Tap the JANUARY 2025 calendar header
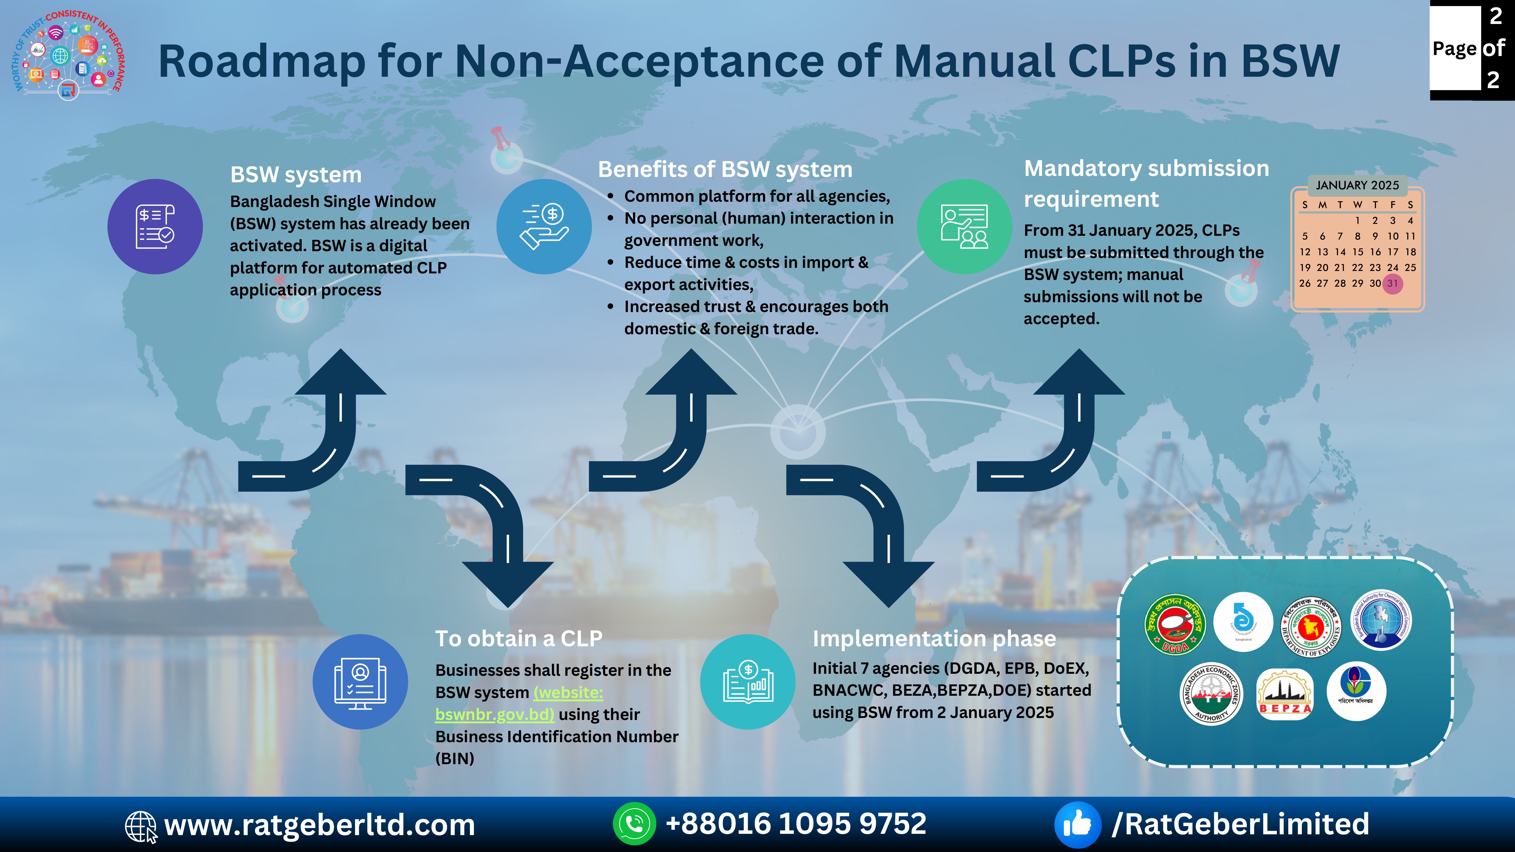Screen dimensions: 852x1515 (x=1357, y=185)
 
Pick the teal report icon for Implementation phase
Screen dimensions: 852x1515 (x=747, y=682)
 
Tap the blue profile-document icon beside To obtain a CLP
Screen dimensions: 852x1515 (x=360, y=682)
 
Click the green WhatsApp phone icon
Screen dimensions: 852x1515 (x=634, y=824)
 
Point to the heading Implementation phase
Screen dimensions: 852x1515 (x=934, y=639)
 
